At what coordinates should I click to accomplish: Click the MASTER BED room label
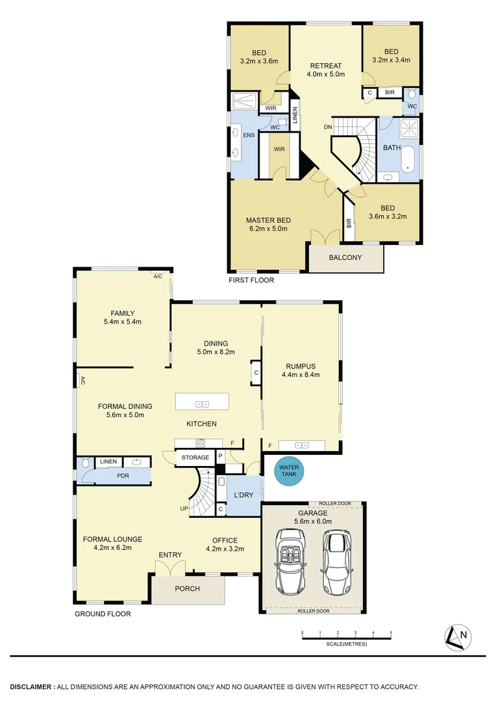[268, 220]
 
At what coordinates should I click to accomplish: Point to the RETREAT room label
[325, 66]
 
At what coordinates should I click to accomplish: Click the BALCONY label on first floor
[345, 257]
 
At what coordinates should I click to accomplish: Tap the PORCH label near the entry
[188, 589]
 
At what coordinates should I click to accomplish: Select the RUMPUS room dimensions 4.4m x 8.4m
[301, 374]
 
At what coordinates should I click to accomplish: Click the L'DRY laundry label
[243, 495]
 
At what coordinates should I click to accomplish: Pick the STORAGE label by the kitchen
[195, 458]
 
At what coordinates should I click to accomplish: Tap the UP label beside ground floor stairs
[184, 508]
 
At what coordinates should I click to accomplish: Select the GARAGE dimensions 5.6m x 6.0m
[314, 521]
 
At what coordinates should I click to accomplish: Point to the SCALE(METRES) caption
[346, 644]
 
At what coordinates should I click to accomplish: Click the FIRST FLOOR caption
[251, 281]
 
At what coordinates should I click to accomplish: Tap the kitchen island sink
[202, 404]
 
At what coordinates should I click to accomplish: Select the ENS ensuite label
[248, 136]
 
